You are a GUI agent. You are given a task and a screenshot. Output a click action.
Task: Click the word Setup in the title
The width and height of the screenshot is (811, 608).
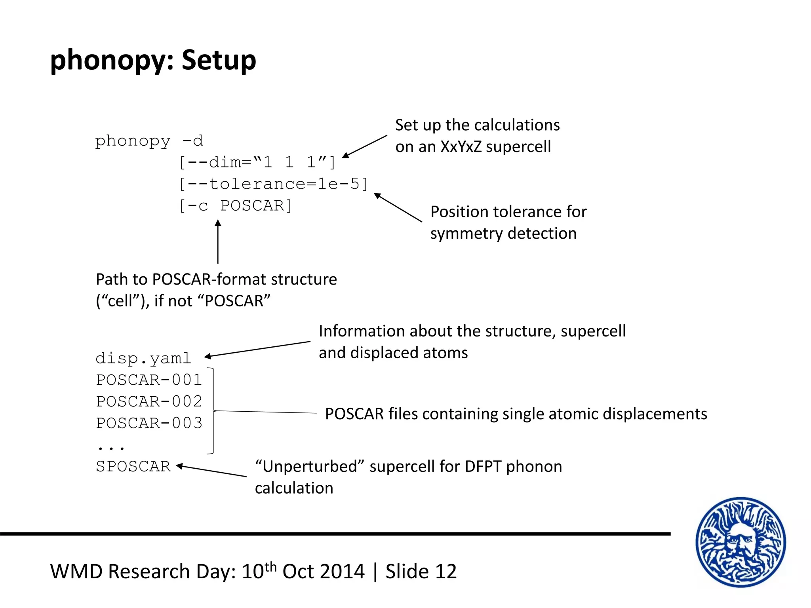(x=219, y=60)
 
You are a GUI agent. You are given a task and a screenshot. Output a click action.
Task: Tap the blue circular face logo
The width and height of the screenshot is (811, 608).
(x=741, y=542)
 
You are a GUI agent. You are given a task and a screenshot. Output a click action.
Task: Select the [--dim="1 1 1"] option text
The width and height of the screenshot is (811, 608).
(x=257, y=162)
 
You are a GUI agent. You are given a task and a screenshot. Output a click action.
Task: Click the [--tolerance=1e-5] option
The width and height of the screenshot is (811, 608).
(x=274, y=184)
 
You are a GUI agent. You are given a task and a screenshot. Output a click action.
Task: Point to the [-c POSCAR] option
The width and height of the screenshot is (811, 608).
(x=236, y=206)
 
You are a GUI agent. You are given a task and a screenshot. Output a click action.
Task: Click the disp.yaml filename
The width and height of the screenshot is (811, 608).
(x=143, y=358)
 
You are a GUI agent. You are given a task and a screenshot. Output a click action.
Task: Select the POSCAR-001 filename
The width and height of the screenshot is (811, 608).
(x=149, y=380)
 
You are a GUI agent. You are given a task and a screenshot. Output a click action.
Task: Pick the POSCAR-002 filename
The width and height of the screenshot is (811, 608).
(x=149, y=401)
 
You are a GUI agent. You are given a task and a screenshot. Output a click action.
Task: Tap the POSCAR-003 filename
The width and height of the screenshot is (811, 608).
(x=149, y=423)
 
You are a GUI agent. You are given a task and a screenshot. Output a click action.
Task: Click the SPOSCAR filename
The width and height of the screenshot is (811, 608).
(x=133, y=466)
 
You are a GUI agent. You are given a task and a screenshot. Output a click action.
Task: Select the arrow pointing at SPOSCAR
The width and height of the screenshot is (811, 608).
(x=211, y=471)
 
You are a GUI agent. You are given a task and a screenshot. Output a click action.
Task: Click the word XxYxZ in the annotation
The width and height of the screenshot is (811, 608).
(x=461, y=147)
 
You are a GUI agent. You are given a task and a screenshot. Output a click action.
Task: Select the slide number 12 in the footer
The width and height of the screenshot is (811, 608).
(x=446, y=572)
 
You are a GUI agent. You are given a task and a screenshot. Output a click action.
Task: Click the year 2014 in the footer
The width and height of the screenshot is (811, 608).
(x=342, y=572)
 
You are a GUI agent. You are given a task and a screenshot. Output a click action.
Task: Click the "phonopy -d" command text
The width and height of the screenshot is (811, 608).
(x=149, y=141)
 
